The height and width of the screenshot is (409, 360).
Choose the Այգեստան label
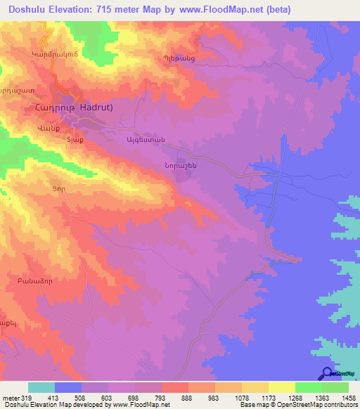pyautogui.click(x=145, y=141)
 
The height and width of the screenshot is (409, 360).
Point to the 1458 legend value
pyautogui.click(x=349, y=397)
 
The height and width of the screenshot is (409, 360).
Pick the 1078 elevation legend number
pyautogui.click(x=241, y=397)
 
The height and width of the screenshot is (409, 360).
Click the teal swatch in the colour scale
pyautogui.click(x=41, y=387)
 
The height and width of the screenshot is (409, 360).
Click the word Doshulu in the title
pyautogui.click(x=31, y=9)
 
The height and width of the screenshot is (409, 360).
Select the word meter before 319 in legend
pyautogui.click(x=11, y=397)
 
